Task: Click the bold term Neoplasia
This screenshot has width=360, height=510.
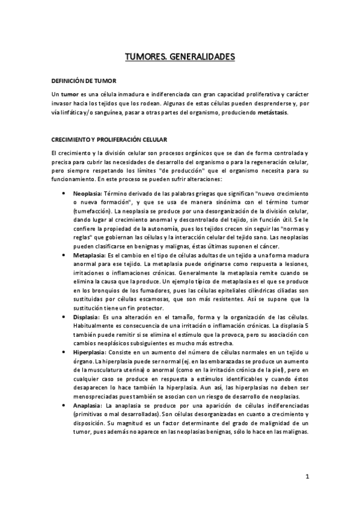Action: tap(88, 194)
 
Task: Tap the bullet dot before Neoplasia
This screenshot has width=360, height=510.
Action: tap(64, 194)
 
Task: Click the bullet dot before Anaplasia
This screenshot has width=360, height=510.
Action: tap(64, 406)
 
